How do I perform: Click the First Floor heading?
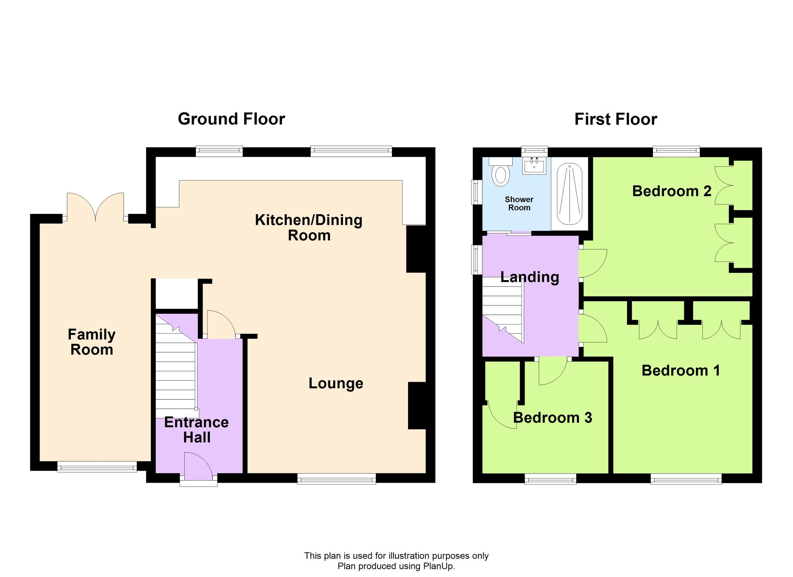tap(615, 119)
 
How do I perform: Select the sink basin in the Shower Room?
tap(534, 166)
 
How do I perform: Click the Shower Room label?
tap(519, 203)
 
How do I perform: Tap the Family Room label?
tap(92, 342)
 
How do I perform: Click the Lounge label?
tap(336, 384)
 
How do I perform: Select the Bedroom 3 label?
tap(552, 417)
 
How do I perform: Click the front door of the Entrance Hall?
tap(198, 468)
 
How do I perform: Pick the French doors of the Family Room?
tap(95, 208)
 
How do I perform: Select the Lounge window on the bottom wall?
tap(336, 479)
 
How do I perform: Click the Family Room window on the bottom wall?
tap(97, 467)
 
